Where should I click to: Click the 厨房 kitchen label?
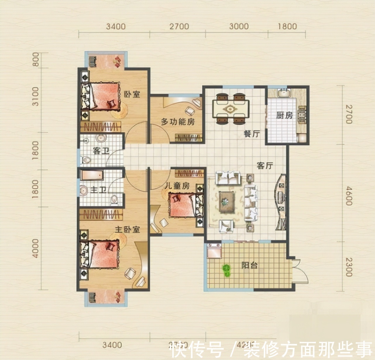coord(284,115)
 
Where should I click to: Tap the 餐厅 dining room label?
coord(252,134)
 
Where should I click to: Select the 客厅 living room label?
coord(265,166)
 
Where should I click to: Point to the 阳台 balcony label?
coord(250,265)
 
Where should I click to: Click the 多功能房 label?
coord(178,121)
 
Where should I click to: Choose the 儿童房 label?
coord(177,186)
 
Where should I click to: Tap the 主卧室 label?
coord(127,229)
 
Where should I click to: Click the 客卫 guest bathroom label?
coord(101,151)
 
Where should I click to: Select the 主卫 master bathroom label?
coord(98,190)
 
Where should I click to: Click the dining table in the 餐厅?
coord(231,109)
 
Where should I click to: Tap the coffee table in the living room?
coord(226,201)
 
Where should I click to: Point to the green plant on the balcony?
coord(226,270)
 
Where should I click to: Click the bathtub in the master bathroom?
coord(92,175)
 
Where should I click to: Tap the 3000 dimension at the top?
coord(239,26)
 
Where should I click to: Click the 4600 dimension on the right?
coord(348,196)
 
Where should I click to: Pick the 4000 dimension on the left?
coord(35,248)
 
